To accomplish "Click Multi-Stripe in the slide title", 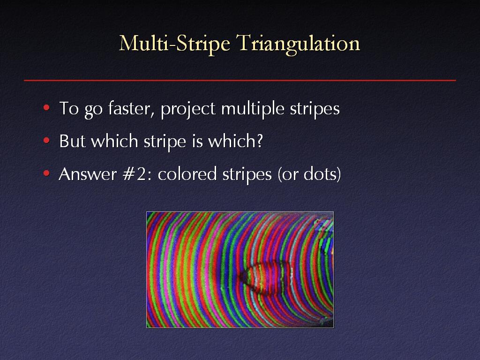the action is tap(174, 44).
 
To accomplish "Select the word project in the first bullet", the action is tap(188, 109).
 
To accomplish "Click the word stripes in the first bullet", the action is tap(315, 109).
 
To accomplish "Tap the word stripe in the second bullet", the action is tap(165, 142).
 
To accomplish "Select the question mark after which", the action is tap(260, 141).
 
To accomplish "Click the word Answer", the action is tap(88, 174).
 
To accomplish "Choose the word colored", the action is tap(187, 174).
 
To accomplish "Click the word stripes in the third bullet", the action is tap(247, 175).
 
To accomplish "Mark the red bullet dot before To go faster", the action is tap(46, 108).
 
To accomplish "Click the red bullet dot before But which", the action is tap(46, 141).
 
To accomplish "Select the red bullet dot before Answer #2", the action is tap(46, 173).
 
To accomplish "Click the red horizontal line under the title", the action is tap(240, 81).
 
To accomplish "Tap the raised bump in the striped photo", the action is tap(266, 278).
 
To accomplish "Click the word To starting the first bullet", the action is tap(69, 108).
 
